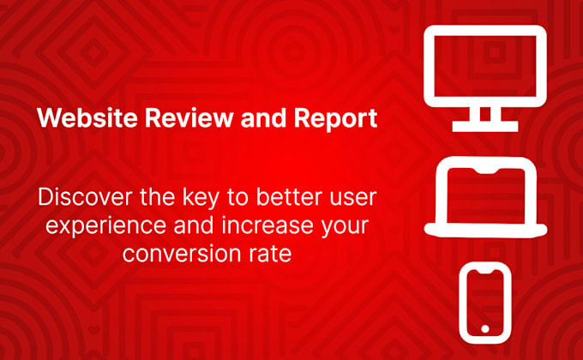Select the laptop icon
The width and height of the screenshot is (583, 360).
(x=486, y=198)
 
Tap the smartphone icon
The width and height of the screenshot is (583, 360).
(x=485, y=302)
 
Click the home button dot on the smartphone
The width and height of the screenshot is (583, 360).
(x=485, y=328)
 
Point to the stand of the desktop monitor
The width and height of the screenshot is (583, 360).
(x=485, y=117)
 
